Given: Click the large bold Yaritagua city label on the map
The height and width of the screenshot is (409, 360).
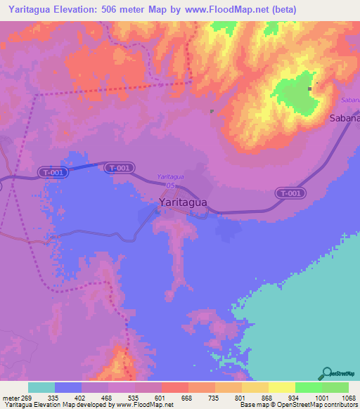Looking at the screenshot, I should tap(182, 202).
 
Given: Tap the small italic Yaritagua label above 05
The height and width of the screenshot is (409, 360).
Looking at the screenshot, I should tap(171, 176).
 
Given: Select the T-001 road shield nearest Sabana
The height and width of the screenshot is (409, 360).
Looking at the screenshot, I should tap(290, 193).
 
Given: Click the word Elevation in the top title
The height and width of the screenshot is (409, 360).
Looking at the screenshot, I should tap(81, 10).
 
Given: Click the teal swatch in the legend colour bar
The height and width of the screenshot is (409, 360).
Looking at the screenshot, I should tap(41, 387).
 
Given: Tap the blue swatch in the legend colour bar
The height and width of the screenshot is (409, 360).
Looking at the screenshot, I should tap(68, 387).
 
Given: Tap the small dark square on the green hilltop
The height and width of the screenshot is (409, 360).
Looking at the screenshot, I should tap(309, 89).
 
